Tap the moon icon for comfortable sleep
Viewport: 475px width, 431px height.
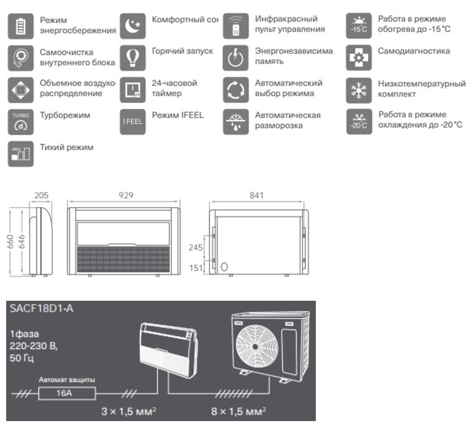(x=132, y=25)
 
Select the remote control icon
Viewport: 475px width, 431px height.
(x=235, y=25)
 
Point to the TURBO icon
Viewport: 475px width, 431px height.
(x=20, y=121)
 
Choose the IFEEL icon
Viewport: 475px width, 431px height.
(x=132, y=122)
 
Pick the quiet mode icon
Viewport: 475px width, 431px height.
(x=20, y=154)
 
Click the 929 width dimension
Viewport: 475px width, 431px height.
(x=126, y=195)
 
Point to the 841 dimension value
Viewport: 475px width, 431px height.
(x=257, y=195)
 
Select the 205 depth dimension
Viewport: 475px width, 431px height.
(x=41, y=195)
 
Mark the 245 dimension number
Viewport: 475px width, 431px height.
(x=196, y=246)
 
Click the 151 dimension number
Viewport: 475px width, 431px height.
(x=196, y=267)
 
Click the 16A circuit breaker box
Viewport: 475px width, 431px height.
(x=67, y=392)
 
